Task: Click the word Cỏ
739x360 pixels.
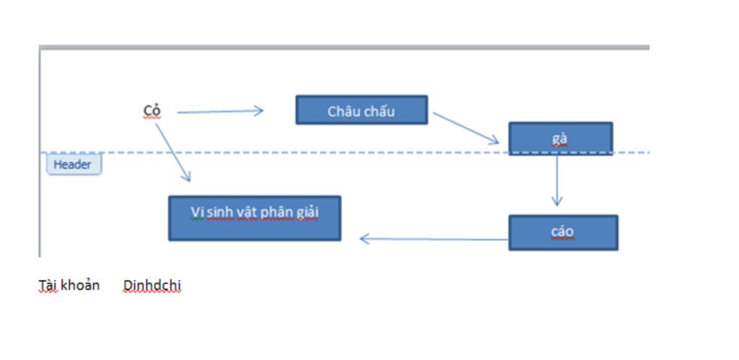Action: click(x=152, y=110)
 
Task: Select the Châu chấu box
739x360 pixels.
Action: click(x=362, y=110)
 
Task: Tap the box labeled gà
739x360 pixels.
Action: click(x=560, y=138)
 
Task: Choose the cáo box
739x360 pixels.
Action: click(x=563, y=232)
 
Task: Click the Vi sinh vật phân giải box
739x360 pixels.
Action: click(x=254, y=218)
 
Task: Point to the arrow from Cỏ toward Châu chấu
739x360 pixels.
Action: click(x=220, y=111)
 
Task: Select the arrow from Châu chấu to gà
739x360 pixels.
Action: click(x=465, y=128)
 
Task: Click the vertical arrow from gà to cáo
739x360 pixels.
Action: click(x=556, y=180)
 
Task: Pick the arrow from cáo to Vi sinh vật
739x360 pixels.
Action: click(x=433, y=239)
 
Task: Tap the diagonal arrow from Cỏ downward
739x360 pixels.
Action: click(x=173, y=152)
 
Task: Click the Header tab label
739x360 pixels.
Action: click(x=73, y=164)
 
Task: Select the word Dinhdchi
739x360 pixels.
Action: click(x=152, y=286)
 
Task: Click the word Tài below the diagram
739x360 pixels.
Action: click(x=48, y=285)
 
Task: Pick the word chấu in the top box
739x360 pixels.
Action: click(x=380, y=111)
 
